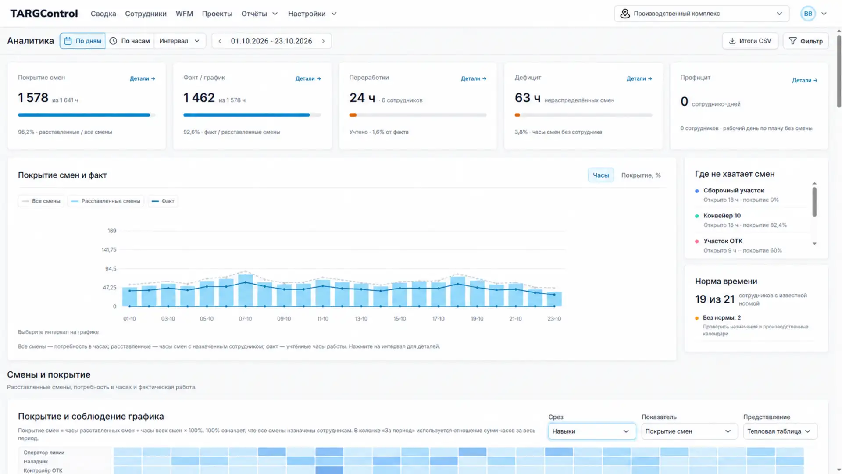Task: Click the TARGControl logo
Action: pos(44,14)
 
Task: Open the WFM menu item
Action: pos(184,14)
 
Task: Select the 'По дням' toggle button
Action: pos(82,41)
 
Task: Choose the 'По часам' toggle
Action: pos(129,41)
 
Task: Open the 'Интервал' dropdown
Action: pos(179,41)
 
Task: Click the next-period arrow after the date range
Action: pos(324,41)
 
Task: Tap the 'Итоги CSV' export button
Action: pos(750,41)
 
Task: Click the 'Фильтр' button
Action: pos(806,41)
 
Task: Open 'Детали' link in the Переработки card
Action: pos(473,78)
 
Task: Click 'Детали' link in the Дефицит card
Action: pos(639,78)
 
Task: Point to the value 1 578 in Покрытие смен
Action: pos(33,98)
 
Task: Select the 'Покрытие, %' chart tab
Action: pos(641,175)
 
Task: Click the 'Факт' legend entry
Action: pos(163,201)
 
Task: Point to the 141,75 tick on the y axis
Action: pos(109,249)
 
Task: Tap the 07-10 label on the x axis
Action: pos(245,319)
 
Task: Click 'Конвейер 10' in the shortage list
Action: pos(722,216)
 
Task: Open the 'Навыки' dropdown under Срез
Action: pos(592,431)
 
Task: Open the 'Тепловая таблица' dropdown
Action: pos(780,431)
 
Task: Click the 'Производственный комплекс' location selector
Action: pos(701,14)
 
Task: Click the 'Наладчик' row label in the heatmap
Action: pos(36,461)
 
